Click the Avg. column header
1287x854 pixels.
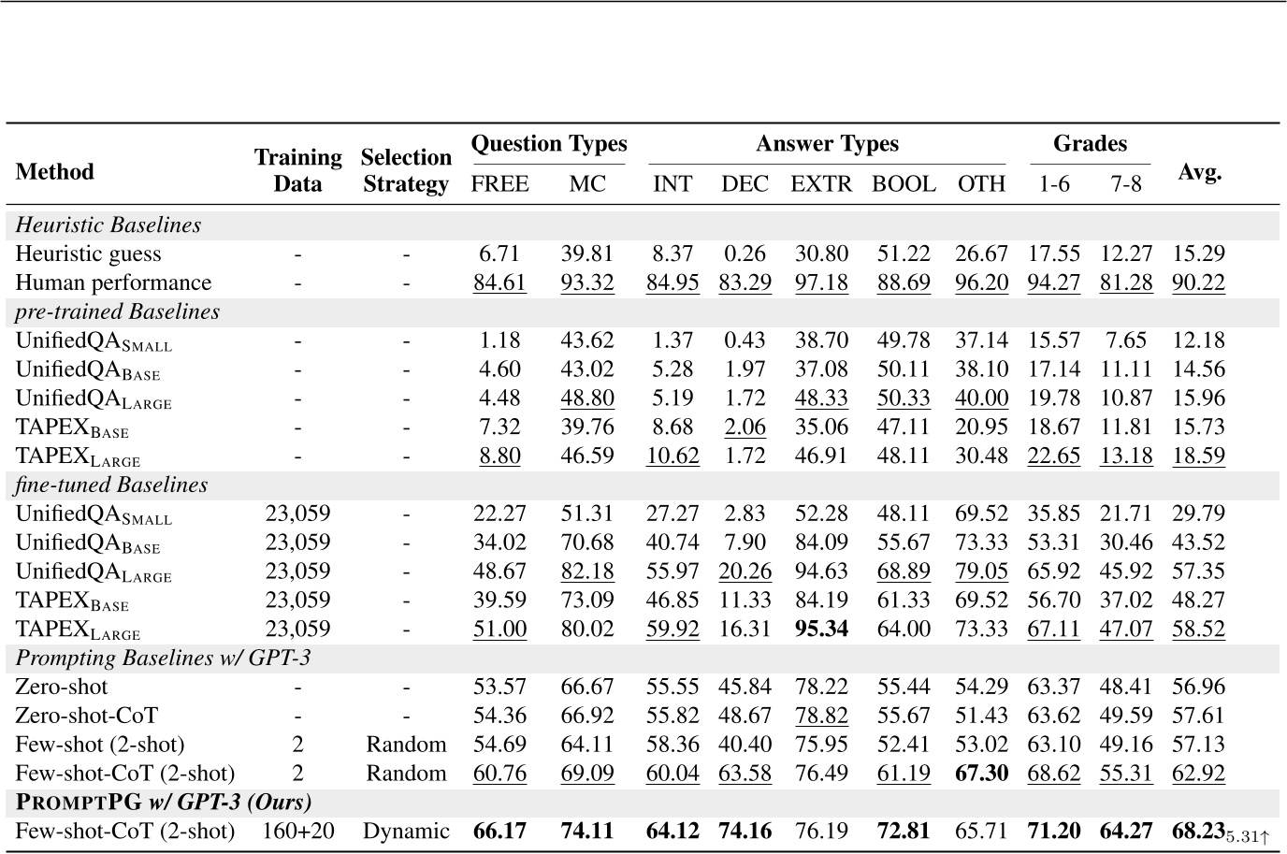[1200, 171]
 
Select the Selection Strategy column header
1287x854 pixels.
[406, 170]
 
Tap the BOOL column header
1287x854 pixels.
[904, 184]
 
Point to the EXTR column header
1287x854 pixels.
[821, 184]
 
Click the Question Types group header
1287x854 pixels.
[549, 144]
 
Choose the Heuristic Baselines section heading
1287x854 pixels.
[108, 225]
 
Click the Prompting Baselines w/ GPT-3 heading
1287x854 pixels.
[163, 659]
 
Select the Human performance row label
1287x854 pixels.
[113, 282]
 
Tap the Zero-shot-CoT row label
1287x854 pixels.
[87, 716]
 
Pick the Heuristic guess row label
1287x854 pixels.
[88, 253]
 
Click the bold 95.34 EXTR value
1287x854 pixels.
[821, 630]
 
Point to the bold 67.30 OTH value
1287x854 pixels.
[982, 774]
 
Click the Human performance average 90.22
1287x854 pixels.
[1198, 282]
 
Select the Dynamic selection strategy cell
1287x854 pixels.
[406, 832]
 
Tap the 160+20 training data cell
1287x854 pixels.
[297, 832]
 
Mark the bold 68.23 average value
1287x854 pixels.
[1198, 831]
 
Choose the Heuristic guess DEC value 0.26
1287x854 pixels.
[745, 253]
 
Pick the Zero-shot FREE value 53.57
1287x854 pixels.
[499, 687]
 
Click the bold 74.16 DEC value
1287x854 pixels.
[745, 831]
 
